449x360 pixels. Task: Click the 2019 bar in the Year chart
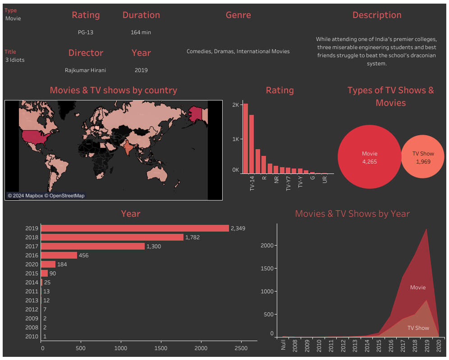135,228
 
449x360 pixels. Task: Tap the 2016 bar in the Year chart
59,255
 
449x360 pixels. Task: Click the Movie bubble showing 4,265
369,157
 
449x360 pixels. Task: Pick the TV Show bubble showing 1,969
423,157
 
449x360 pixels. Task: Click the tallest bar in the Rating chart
246,138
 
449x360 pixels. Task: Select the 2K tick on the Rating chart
235,105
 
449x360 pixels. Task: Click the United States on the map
38,135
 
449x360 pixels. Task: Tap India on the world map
128,147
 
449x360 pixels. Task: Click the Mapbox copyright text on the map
46,196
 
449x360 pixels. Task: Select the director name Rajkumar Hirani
86,70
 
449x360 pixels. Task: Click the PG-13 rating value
86,32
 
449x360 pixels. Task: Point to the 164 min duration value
141,32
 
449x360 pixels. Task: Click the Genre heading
238,15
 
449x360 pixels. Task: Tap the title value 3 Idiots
15,60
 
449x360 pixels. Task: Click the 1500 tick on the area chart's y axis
267,269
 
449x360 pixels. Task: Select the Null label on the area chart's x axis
284,345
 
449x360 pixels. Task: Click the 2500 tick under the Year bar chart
241,348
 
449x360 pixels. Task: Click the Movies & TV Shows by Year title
352,214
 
